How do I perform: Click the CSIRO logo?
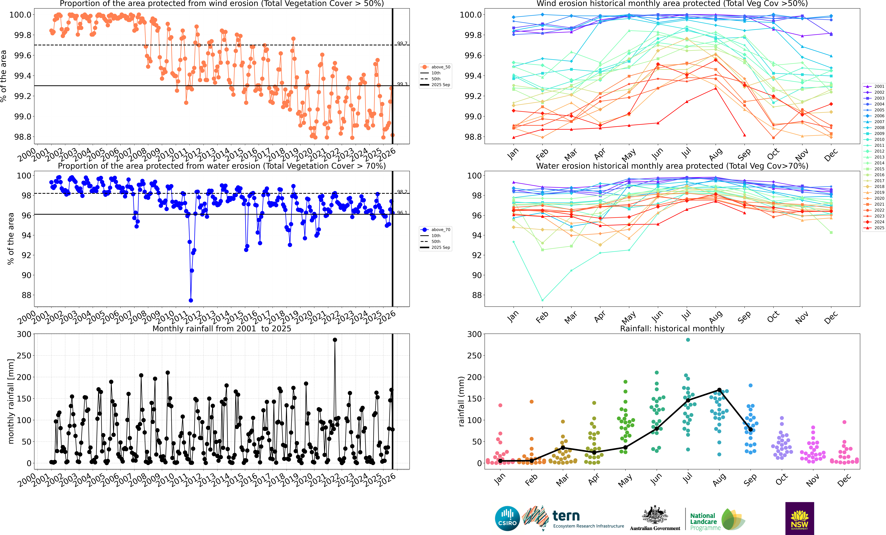[x=507, y=518]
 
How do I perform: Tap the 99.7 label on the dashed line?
[x=402, y=44]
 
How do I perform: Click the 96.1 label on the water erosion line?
[x=402, y=213]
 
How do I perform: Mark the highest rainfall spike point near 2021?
[x=335, y=340]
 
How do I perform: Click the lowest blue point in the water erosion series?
[x=191, y=300]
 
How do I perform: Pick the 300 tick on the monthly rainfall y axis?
[x=24, y=334]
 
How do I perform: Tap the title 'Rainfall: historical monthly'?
[x=672, y=329]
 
